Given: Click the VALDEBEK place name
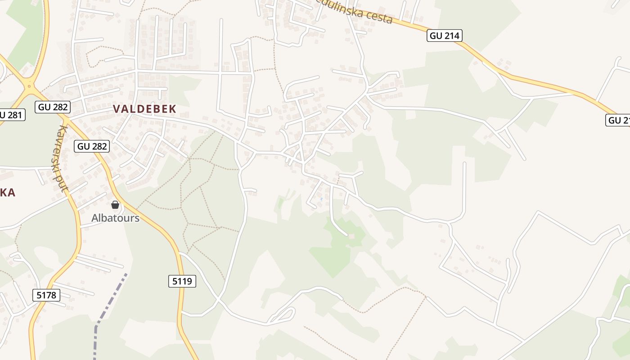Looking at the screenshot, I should tap(144, 109).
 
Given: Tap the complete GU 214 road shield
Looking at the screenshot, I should tap(445, 36).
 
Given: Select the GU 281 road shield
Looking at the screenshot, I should tap(11, 115).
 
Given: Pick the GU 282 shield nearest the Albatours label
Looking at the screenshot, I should tap(92, 146).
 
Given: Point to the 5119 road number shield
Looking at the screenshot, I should tap(182, 282).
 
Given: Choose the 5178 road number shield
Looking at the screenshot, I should tap(46, 295).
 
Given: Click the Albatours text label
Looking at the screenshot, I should tap(115, 218).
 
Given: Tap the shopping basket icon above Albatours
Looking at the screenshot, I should tap(115, 205).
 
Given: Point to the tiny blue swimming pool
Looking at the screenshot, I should tap(321, 198).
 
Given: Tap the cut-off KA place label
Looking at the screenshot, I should tap(8, 193).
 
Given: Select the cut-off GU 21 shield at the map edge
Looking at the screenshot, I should tap(619, 120).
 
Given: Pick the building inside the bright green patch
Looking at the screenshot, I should tap(351, 236).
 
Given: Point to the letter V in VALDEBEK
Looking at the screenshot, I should tap(117, 109).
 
